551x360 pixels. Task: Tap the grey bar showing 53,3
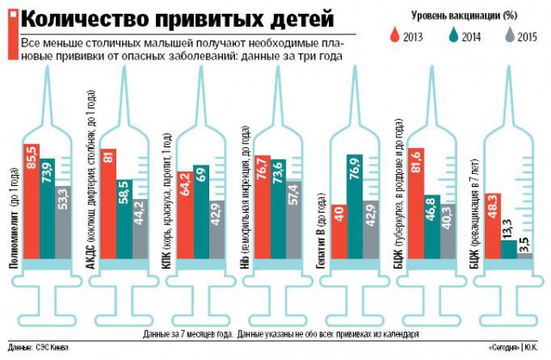point(64,224)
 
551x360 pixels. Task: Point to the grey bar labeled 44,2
point(140,229)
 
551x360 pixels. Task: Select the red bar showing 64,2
point(184,215)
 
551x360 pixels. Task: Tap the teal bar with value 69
point(201,212)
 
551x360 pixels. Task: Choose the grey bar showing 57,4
point(294,220)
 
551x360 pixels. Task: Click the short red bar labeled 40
point(338,232)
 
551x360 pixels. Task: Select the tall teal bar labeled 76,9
point(354,207)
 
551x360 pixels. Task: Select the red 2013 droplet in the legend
point(395,34)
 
